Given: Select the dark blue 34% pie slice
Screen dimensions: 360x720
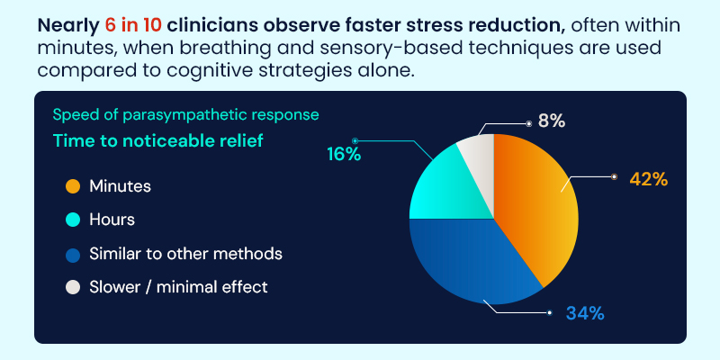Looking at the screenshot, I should tap(468, 261).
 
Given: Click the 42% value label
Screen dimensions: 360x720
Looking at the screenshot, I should tap(648, 179).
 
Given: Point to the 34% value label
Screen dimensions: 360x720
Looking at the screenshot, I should tap(584, 313).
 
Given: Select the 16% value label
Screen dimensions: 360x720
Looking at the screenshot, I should tap(343, 154).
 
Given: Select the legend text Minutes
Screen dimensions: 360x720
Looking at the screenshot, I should tap(120, 186).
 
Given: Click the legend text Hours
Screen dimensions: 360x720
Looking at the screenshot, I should tap(112, 220).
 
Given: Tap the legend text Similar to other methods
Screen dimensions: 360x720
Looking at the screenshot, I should tap(185, 254).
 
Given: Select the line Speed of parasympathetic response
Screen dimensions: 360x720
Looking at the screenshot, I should tap(185, 114).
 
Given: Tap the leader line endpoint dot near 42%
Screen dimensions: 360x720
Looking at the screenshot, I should tap(615, 176).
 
